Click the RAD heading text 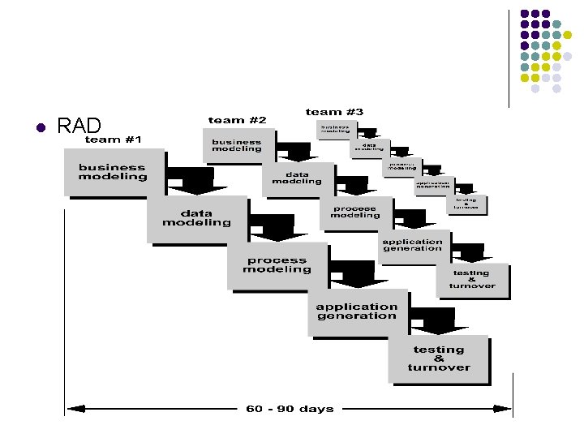click(79, 126)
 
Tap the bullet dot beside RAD click(38, 127)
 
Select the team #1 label click(114, 140)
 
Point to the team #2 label click(238, 120)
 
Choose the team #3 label click(334, 111)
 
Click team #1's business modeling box click(113, 172)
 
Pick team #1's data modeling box click(196, 217)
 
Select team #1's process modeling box click(277, 264)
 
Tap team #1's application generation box click(357, 311)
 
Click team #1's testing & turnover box click(439, 358)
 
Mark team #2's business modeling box click(237, 145)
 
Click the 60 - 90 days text click(290, 408)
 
